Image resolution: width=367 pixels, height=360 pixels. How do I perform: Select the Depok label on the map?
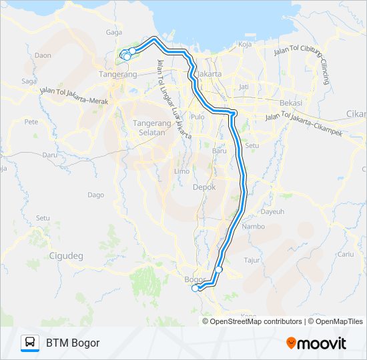[x=204, y=187]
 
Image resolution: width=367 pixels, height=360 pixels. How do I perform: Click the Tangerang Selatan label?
[x=152, y=127]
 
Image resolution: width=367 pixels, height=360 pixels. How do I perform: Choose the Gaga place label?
[x=113, y=32]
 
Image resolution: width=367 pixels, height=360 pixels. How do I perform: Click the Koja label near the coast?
[x=244, y=45]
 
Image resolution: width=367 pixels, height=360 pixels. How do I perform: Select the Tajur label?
[x=252, y=260]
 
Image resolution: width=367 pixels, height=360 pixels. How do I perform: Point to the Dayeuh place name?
[x=272, y=211]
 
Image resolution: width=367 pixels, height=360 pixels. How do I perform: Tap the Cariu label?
[x=345, y=254]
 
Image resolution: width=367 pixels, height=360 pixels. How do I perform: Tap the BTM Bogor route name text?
[x=73, y=343]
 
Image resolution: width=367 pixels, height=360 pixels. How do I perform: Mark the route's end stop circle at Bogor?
[x=195, y=289]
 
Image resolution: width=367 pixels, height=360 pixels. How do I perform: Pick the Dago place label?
[x=95, y=195]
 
